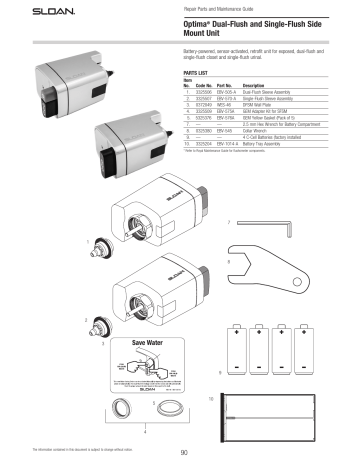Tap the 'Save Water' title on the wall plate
click(x=125, y=342)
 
